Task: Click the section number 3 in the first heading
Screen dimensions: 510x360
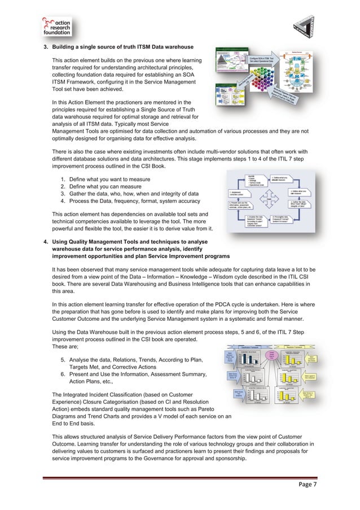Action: click(46, 46)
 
